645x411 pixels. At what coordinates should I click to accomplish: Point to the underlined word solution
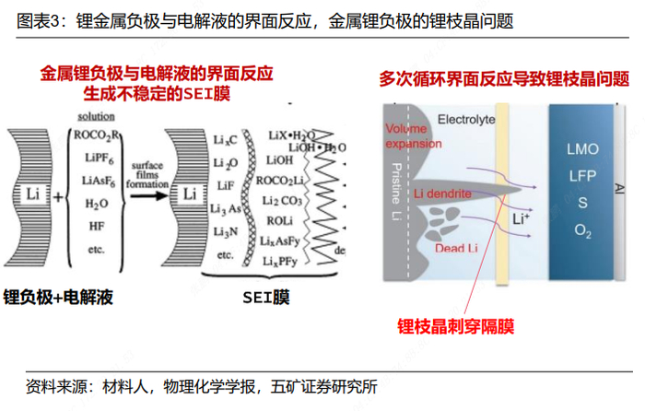(97, 117)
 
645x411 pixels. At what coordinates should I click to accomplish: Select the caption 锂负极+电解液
(58, 297)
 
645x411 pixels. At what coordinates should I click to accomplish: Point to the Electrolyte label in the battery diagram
(466, 120)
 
